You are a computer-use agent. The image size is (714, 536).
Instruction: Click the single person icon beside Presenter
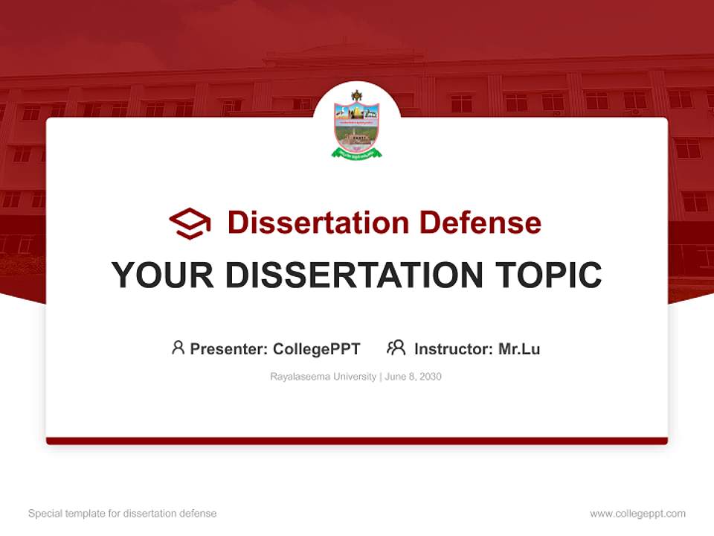[178, 348]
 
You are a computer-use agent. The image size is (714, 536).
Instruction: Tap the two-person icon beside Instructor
[396, 348]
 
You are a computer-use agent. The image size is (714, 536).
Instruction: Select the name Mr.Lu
[519, 348]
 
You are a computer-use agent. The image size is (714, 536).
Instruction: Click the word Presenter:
[229, 348]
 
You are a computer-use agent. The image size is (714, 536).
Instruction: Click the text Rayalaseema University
[323, 377]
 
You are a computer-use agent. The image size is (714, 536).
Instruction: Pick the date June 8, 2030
[414, 377]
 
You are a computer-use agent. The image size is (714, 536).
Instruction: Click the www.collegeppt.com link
[637, 514]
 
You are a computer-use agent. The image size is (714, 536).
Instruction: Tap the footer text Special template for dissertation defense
[123, 514]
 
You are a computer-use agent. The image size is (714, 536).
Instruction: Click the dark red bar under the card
[356, 441]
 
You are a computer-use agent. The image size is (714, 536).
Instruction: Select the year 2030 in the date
[430, 377]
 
